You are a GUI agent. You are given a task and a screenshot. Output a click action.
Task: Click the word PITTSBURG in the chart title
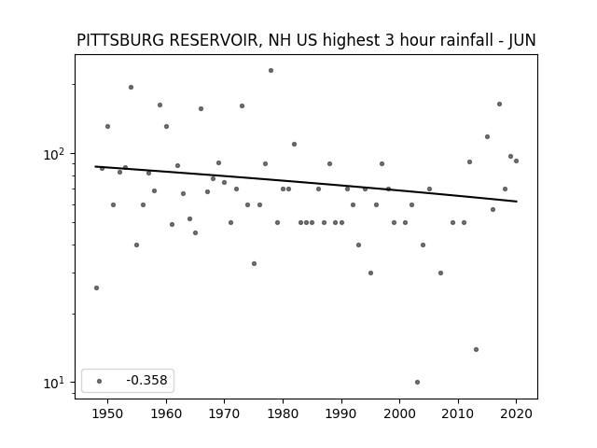tap(121, 40)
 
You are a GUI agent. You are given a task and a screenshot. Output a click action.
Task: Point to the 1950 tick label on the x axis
tap(108, 413)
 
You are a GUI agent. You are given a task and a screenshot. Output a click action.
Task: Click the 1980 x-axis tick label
tap(283, 413)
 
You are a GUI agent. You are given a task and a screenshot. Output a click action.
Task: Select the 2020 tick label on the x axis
tap(516, 413)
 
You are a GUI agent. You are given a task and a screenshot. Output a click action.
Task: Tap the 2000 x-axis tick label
tap(400, 413)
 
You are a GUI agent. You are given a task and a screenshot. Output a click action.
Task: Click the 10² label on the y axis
tap(53, 154)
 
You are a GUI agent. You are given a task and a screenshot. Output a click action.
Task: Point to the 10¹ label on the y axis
tap(53, 383)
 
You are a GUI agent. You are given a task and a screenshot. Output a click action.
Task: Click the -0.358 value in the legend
tap(147, 380)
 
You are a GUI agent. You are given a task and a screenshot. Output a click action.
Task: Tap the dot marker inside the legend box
tap(100, 381)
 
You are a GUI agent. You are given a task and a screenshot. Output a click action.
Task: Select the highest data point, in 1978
tap(271, 71)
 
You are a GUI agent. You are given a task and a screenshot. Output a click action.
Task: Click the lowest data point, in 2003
tap(417, 382)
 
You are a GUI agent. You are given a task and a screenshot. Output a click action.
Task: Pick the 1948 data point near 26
tap(96, 288)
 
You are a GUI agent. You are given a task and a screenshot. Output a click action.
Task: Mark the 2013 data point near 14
tap(476, 349)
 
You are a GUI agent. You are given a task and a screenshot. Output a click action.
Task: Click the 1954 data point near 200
tap(131, 87)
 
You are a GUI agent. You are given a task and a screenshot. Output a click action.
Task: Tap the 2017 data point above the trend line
tap(499, 104)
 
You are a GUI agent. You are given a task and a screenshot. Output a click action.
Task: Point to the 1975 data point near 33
tap(254, 263)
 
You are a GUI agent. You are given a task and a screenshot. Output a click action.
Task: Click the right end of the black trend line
tap(517, 202)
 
